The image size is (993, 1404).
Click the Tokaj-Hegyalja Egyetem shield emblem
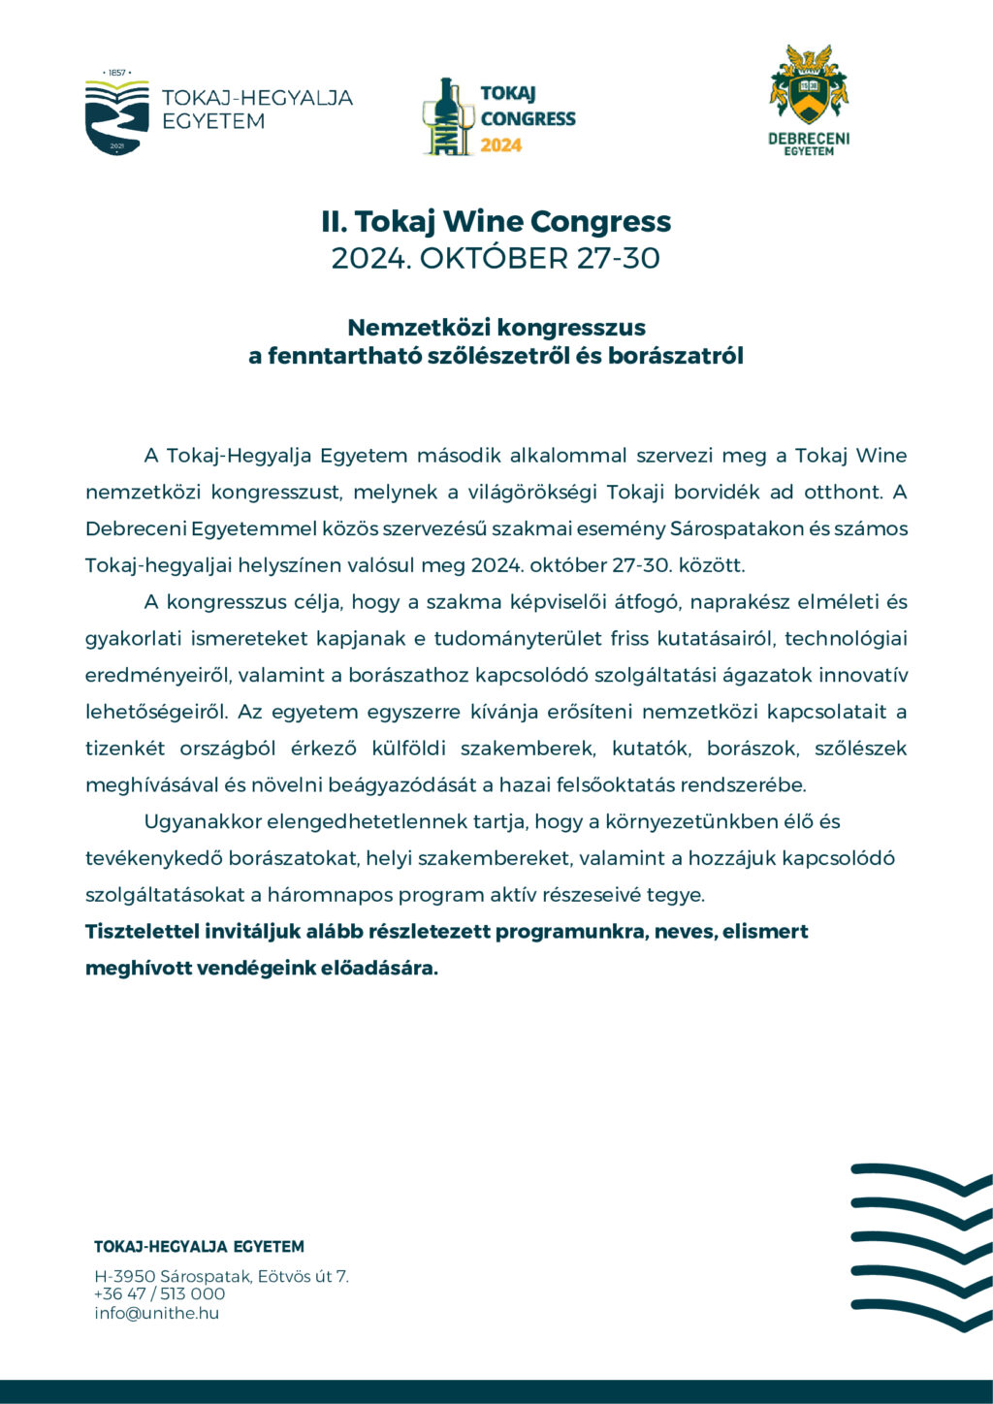(116, 117)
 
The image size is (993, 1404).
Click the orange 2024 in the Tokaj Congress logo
(501, 145)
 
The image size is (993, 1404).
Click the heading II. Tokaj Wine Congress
(496, 221)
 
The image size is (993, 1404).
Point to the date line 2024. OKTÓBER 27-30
(496, 259)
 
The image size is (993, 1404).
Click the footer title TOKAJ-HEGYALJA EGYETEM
(199, 1247)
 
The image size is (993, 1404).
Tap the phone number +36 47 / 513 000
(159, 1294)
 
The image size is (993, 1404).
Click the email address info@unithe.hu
(156, 1314)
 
